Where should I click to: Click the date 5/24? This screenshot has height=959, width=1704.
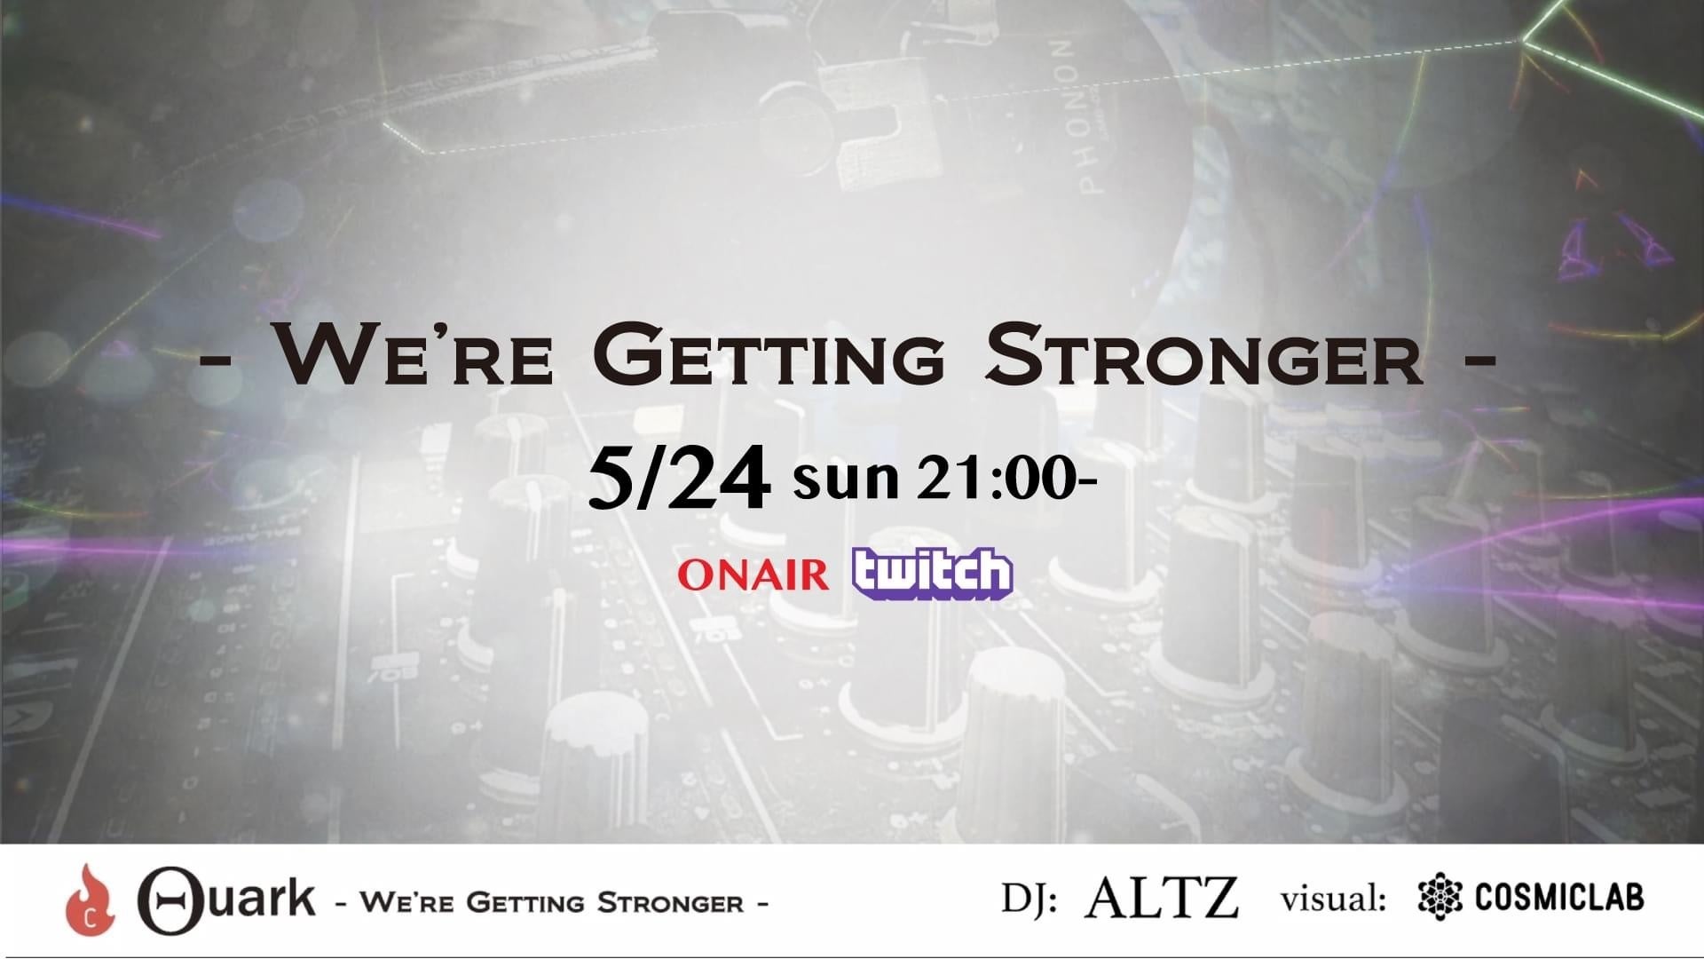[x=678, y=480]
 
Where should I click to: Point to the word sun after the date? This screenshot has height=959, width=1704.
[x=846, y=480]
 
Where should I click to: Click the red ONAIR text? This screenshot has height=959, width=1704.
[x=753, y=575]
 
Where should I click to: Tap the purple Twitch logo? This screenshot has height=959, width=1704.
[x=932, y=573]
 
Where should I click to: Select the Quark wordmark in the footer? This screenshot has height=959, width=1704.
[x=226, y=899]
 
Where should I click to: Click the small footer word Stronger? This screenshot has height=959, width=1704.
[x=671, y=904]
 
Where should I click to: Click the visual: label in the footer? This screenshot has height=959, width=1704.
[x=1334, y=899]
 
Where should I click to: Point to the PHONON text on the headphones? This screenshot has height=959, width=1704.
[x=1081, y=117]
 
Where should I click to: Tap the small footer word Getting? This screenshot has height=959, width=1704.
[x=525, y=904]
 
